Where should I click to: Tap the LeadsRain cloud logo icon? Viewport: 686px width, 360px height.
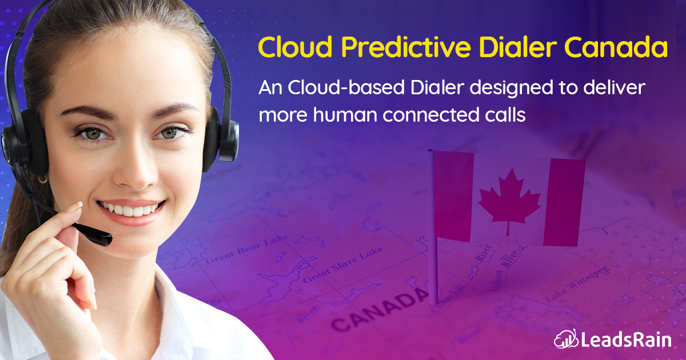[x=564, y=339]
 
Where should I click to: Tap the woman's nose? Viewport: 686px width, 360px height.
[x=127, y=171]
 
